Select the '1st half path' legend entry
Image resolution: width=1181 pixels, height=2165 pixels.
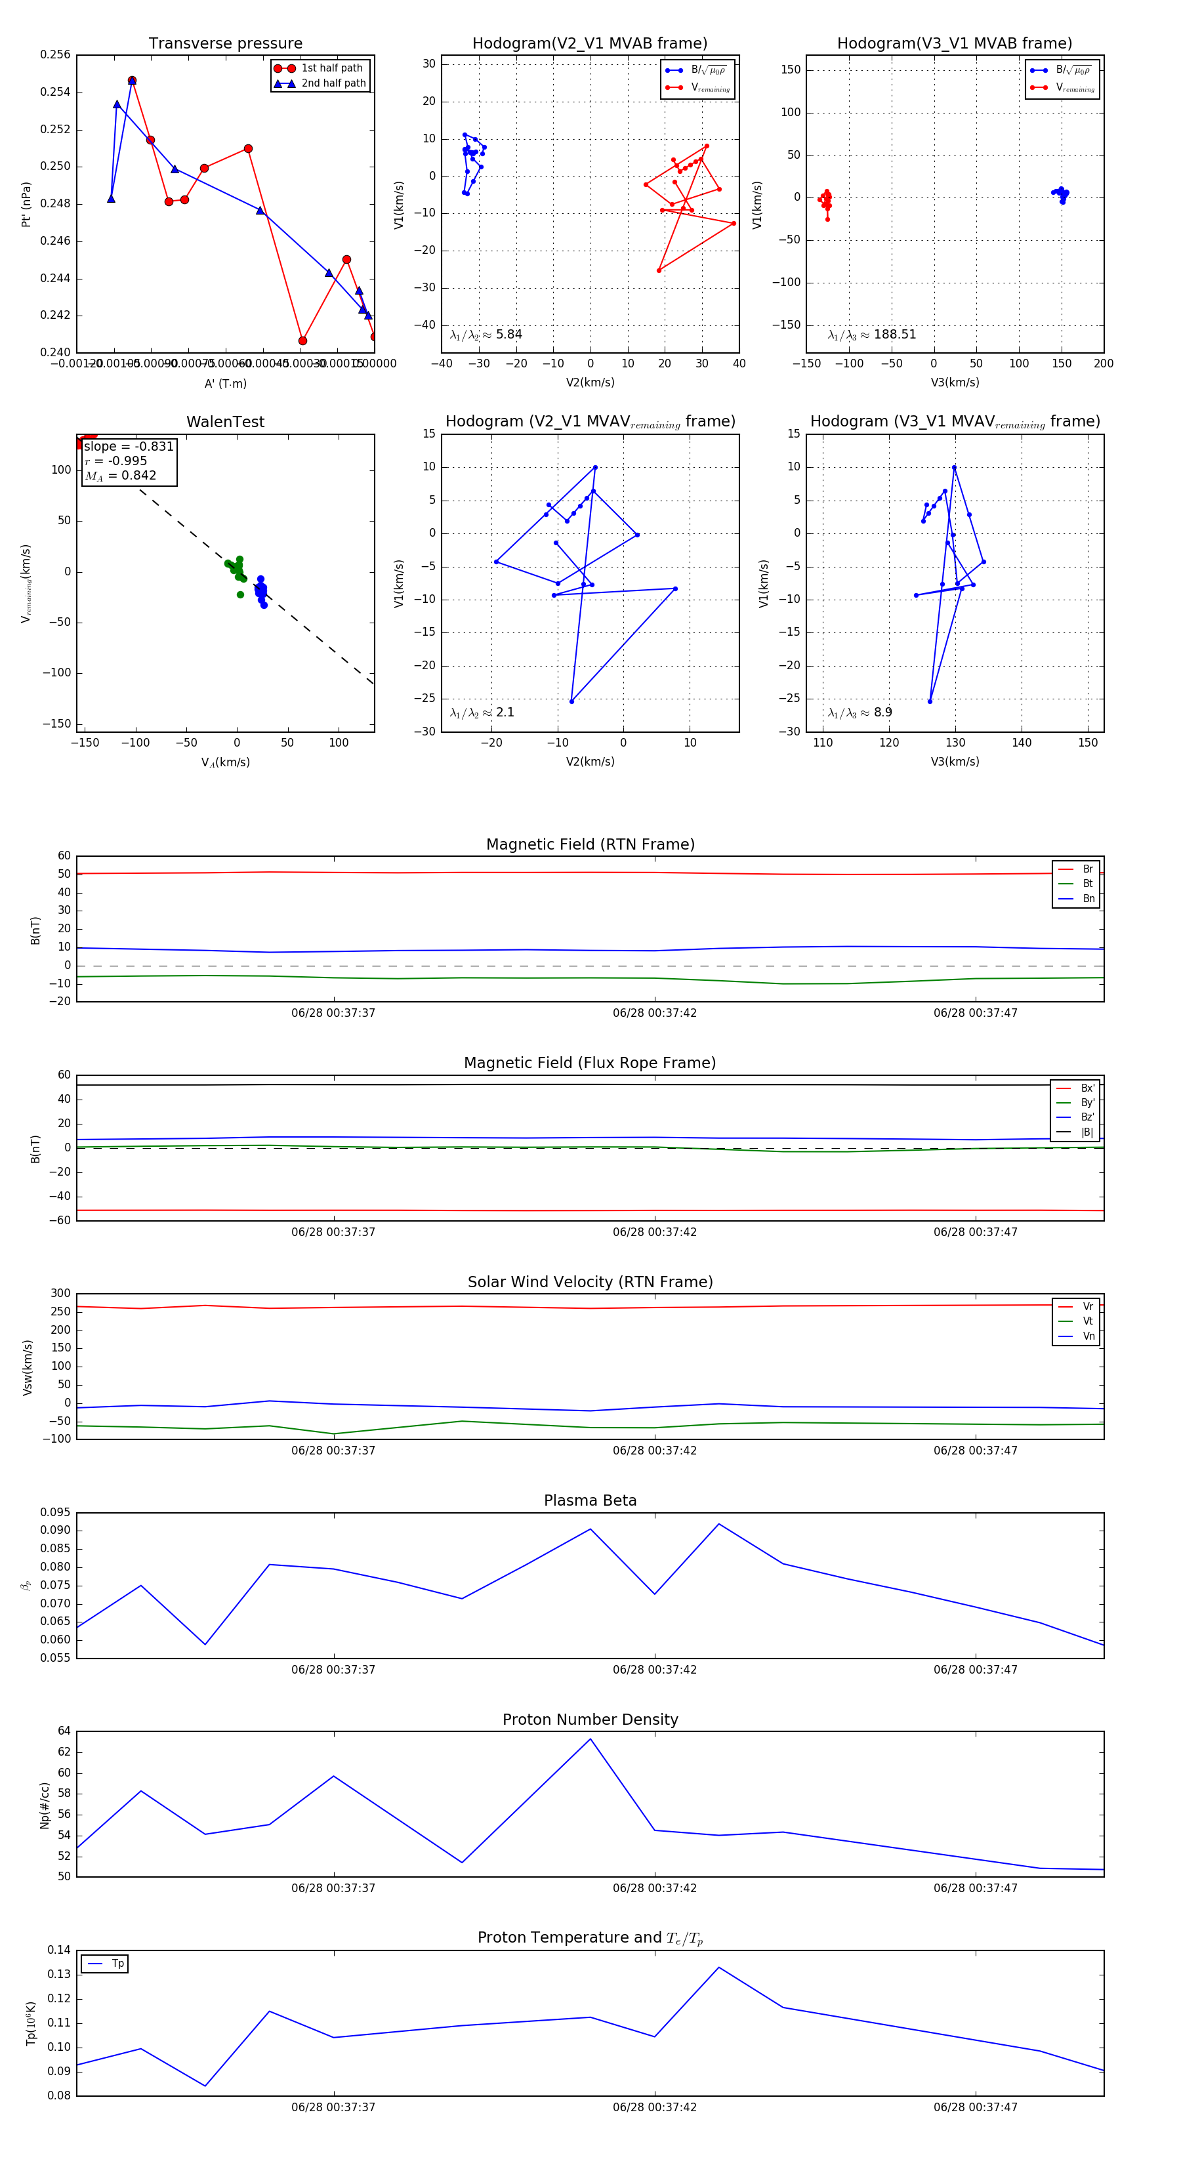(331, 68)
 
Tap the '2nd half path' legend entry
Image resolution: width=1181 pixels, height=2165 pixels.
(333, 83)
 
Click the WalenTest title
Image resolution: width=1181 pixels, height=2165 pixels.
(225, 422)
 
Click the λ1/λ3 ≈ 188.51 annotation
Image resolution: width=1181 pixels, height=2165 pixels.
(872, 335)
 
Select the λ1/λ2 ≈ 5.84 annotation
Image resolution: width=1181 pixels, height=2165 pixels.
(486, 335)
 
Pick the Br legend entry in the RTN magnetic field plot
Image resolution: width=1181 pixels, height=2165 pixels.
(1087, 869)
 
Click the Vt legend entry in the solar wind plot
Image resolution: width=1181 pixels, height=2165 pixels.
(1088, 1321)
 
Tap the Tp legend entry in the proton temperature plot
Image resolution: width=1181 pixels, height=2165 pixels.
(117, 1964)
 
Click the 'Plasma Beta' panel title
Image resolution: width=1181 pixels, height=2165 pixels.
(590, 1500)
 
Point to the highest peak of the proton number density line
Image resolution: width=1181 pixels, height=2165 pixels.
(590, 1739)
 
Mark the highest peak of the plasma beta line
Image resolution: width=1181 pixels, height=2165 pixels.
(718, 1524)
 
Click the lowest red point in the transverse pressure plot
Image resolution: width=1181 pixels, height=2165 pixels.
(302, 340)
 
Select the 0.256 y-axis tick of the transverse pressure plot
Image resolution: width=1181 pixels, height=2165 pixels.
(56, 54)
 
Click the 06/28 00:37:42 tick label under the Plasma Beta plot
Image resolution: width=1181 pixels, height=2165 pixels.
(654, 1670)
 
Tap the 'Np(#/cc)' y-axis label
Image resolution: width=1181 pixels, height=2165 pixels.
(45, 1805)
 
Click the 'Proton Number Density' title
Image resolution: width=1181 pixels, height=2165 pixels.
(590, 1720)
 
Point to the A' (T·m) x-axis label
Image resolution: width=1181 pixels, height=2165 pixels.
(225, 384)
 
